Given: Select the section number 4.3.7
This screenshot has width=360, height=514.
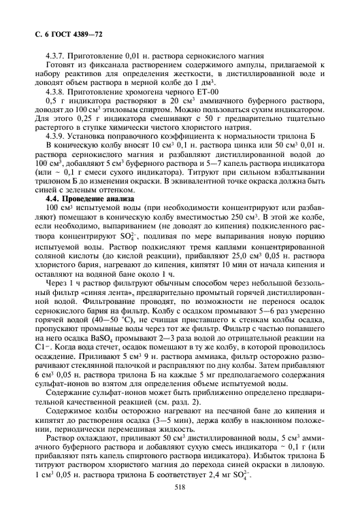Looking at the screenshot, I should (53, 54).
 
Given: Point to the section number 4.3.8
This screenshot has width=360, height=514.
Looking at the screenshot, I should (53, 90).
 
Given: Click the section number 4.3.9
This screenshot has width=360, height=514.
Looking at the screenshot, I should (53, 135).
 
